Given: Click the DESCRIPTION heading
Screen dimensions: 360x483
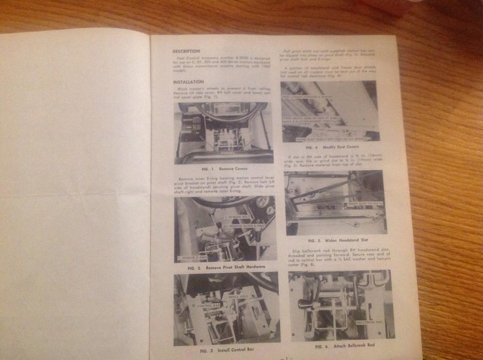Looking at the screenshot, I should tap(186, 51).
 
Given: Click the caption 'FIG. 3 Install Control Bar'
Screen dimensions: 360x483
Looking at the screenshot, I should tap(227, 351).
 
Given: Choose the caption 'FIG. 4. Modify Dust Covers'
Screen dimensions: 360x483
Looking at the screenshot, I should tap(330, 147).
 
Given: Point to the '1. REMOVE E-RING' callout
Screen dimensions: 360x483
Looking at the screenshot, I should tap(192, 258).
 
